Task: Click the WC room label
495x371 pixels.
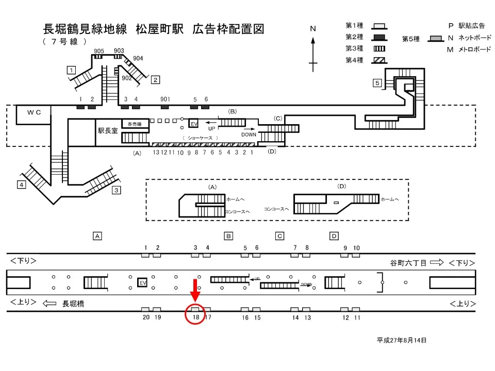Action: coord(34,112)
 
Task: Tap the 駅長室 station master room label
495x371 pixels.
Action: coord(108,131)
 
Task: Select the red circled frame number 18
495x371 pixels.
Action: coord(195,317)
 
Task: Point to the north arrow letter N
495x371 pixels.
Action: coord(312,29)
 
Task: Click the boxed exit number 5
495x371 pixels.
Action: coord(377,83)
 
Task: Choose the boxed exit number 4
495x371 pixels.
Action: coord(21,184)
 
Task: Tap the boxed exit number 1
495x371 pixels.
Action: coord(72,70)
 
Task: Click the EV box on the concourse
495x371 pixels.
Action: coord(194,124)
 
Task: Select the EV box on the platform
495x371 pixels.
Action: coord(143,283)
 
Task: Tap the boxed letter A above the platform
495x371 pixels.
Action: coord(96,236)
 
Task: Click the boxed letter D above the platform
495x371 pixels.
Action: coord(334,236)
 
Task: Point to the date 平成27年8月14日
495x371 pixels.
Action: coord(402,340)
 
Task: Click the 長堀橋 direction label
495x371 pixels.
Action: coord(73,304)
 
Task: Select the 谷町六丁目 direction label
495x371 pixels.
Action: coord(408,263)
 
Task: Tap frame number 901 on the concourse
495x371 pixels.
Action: coord(165,99)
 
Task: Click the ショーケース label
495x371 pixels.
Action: coord(200,138)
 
